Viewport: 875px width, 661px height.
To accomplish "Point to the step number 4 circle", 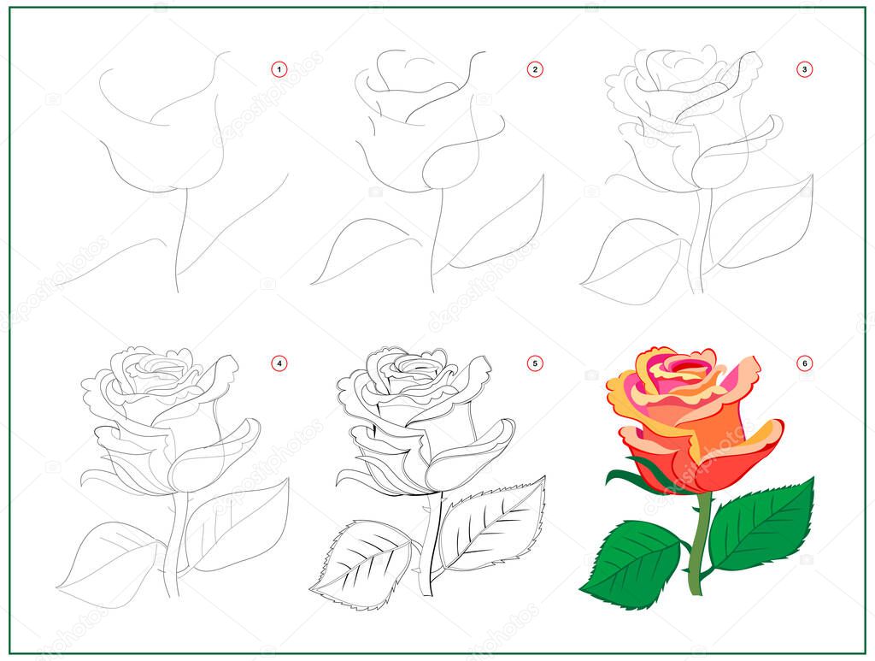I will (x=279, y=363).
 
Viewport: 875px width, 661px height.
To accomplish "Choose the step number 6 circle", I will (x=804, y=363).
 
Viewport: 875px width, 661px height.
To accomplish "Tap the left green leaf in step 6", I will (x=632, y=564).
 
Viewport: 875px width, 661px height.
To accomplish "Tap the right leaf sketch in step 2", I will (x=504, y=222).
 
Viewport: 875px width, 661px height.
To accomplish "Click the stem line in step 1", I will (x=179, y=239).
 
